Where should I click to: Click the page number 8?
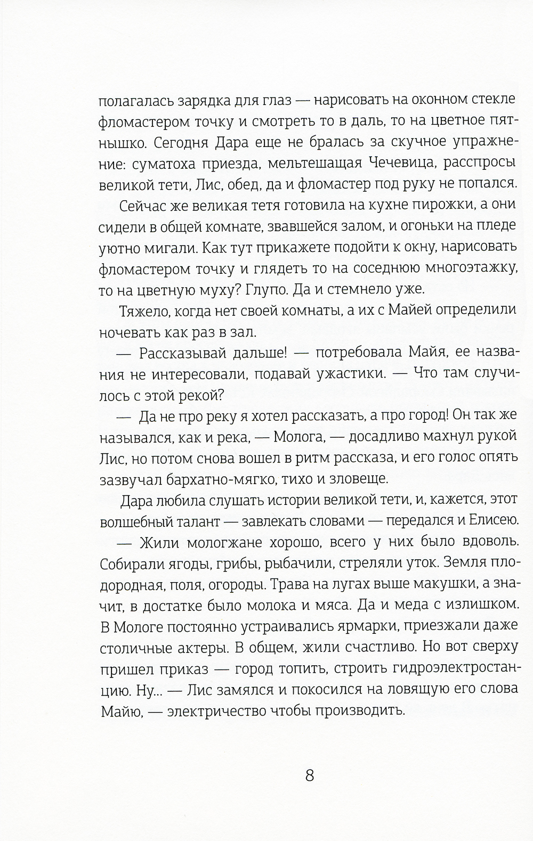[x=310, y=774]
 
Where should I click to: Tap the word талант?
[x=200, y=520]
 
